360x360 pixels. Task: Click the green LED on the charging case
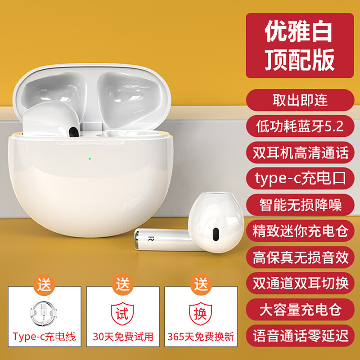[x=90, y=158]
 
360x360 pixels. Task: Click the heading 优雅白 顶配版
[x=299, y=45]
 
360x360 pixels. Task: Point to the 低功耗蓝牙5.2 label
[x=299, y=126]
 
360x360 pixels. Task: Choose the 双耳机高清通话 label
[x=299, y=153]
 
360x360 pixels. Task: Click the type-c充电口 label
[x=299, y=179]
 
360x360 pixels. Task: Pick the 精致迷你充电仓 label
[x=299, y=231]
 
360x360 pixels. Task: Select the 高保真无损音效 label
[x=299, y=257]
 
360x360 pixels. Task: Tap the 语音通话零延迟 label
[x=299, y=336]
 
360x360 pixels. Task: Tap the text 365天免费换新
[x=200, y=336]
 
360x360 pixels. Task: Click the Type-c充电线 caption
[x=45, y=336]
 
